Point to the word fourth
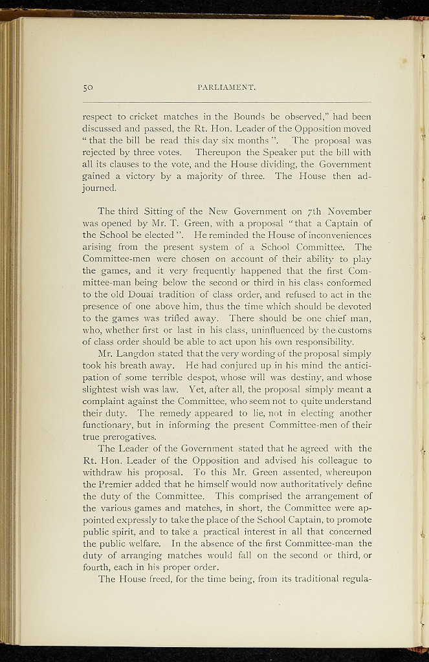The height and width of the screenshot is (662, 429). (x=99, y=566)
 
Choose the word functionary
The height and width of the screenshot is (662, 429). (x=111, y=425)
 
